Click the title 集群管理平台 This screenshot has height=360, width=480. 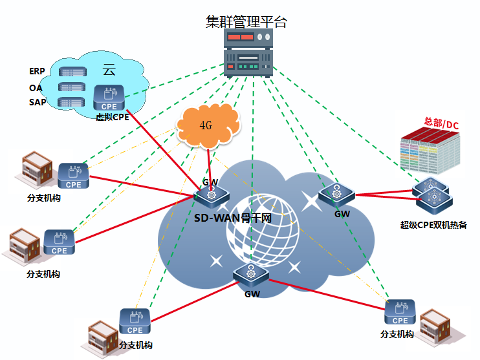click(246, 22)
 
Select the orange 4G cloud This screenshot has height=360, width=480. click(206, 125)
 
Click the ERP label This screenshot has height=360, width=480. click(38, 71)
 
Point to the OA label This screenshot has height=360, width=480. click(36, 87)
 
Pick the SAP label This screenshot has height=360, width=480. click(38, 102)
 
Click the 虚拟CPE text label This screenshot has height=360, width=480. click(112, 118)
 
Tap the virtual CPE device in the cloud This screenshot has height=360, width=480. click(109, 98)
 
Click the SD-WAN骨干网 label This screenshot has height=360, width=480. click(232, 218)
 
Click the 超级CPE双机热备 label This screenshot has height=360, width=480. click(433, 225)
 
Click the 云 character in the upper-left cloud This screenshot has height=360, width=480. click(109, 70)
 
